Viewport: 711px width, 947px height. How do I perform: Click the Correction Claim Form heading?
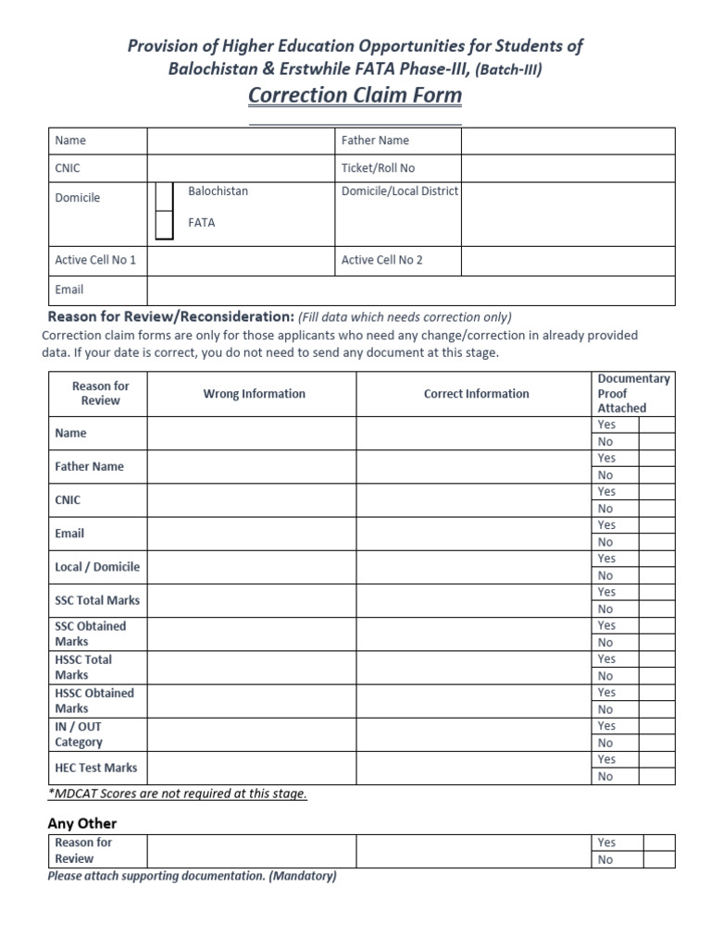pos(355,95)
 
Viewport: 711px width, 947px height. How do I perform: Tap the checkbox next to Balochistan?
pos(164,196)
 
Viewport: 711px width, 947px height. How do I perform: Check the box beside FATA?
pos(164,225)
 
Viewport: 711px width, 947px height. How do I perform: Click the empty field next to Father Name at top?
pos(568,141)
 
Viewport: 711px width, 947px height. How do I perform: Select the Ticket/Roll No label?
pos(378,168)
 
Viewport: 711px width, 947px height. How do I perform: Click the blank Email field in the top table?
pos(410,289)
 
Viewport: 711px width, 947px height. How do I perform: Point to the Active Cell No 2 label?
pos(381,260)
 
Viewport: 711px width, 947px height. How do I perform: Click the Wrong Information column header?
pos(254,394)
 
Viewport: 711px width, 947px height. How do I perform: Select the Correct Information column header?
pos(476,394)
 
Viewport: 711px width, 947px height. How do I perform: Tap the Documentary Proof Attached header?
pos(633,393)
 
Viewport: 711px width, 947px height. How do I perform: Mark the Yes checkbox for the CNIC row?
pos(657,492)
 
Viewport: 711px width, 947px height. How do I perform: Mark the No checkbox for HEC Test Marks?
pos(657,777)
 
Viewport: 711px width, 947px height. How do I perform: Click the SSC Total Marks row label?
pos(97,600)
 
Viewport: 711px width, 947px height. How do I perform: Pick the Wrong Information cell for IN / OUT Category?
pos(251,734)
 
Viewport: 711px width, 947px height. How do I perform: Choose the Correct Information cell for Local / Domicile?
pos(474,567)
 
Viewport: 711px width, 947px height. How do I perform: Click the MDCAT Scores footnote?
pos(177,793)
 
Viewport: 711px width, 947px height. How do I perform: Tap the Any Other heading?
pos(82,823)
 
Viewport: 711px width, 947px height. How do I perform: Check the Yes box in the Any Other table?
pos(659,842)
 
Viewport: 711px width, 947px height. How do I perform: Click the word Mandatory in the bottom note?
pos(302,876)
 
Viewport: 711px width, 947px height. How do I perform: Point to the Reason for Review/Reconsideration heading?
pos(171,316)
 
